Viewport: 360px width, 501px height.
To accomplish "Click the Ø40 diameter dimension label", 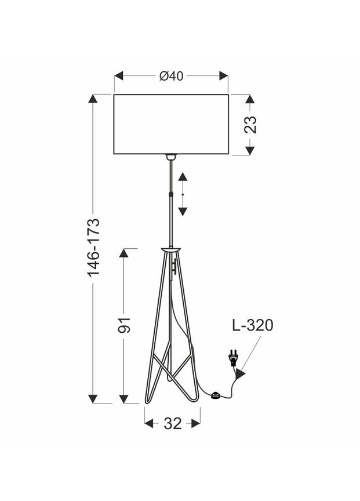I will coord(171,76).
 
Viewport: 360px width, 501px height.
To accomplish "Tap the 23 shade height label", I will coord(250,125).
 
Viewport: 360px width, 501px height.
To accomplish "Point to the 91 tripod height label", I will coord(124,325).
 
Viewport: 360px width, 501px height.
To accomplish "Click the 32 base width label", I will coord(172,424).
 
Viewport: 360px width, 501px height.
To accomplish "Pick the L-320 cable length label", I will coord(252,325).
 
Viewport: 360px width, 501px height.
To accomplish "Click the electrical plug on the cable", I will coord(234,358).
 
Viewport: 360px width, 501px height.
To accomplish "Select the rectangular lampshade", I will coord(171,124).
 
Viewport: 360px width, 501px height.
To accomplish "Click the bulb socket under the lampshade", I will coord(171,157).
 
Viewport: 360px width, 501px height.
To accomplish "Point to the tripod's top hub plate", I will coord(171,249).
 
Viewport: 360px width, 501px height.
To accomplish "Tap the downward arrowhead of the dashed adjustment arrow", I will coord(183,211).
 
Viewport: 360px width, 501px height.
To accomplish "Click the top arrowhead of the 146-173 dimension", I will coord(93,99).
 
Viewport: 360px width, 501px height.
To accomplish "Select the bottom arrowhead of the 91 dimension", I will coord(124,399).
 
